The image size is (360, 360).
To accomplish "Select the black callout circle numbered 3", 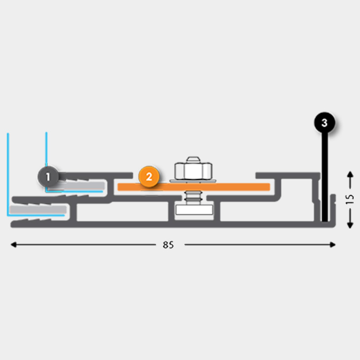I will [325, 122].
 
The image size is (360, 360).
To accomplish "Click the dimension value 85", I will [168, 245].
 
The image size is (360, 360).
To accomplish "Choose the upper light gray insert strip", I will [83, 185].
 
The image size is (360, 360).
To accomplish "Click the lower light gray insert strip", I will [38, 210].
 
